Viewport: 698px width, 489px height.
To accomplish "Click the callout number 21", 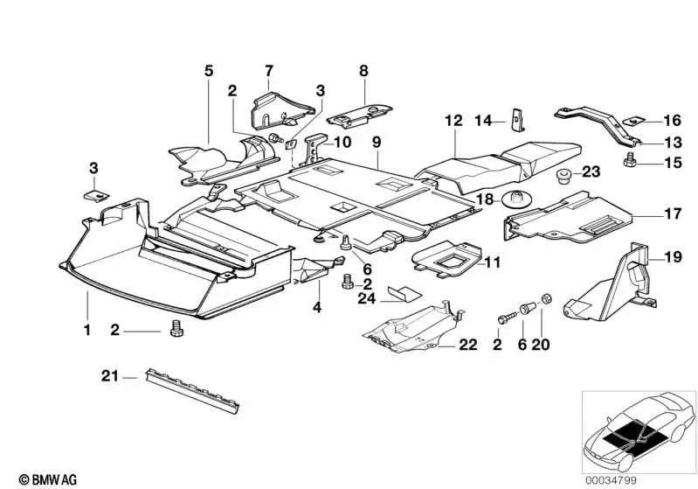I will [108, 377].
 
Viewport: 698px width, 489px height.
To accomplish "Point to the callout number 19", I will [673, 256].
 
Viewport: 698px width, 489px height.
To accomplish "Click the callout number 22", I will [468, 346].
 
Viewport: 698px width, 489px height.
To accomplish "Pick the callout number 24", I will [367, 298].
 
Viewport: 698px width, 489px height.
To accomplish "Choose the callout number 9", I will [377, 140].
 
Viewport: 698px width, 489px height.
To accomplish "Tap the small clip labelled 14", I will [515, 117].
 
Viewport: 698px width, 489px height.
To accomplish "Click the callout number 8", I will [363, 70].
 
